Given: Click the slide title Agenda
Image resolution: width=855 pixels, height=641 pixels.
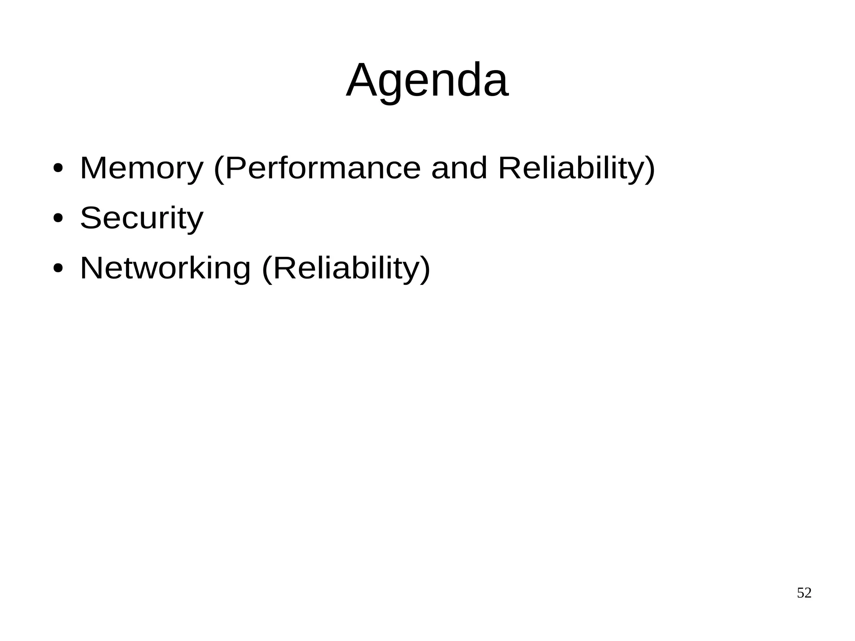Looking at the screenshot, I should coord(427,80).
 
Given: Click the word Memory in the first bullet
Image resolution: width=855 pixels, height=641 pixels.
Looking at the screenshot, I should coord(142,168).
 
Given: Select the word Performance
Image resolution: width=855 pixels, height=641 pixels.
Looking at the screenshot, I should coord(323,168).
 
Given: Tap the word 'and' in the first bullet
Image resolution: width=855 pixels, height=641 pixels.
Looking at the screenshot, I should coord(459,168).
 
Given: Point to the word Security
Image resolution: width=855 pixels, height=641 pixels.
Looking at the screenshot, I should coord(142,218).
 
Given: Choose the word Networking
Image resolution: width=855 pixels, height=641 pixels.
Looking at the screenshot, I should coord(165,268).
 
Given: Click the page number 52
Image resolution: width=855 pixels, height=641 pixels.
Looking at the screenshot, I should coord(804,593).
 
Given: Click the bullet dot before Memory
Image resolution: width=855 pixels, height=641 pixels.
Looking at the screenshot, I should coord(58,168).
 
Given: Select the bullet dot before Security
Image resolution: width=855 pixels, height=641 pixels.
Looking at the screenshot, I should coord(58,218).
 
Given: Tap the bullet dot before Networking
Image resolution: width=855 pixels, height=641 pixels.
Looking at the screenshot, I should coord(58,268).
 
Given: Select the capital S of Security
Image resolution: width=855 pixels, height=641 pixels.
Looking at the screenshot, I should coord(91,218).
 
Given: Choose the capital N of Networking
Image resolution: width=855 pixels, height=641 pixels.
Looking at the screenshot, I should coord(91,268).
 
